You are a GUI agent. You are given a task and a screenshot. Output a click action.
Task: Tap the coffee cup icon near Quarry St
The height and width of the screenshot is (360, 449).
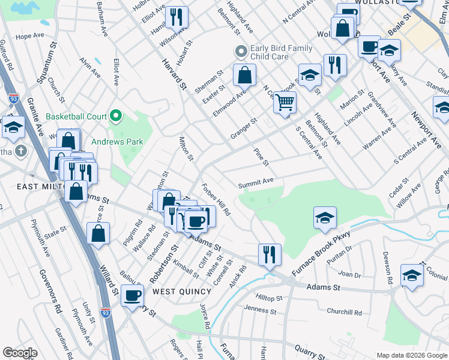pyautogui.click(x=133, y=295)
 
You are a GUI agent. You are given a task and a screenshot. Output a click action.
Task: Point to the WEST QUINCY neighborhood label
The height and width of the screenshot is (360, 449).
pyautogui.click(x=182, y=292)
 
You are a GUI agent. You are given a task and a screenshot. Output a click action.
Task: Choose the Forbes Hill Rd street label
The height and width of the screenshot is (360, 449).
pyautogui.click(x=217, y=199)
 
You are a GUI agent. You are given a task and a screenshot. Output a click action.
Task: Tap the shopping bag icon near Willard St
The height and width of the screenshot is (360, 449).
pyautogui.click(x=98, y=234)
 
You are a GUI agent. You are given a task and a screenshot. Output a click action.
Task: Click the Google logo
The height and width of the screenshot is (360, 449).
pyautogui.click(x=20, y=353)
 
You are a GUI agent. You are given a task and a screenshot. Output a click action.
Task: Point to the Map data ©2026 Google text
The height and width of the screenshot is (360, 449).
pyautogui.click(x=411, y=355)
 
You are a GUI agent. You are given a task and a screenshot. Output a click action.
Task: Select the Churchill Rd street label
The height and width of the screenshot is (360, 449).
pyautogui.click(x=344, y=313)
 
